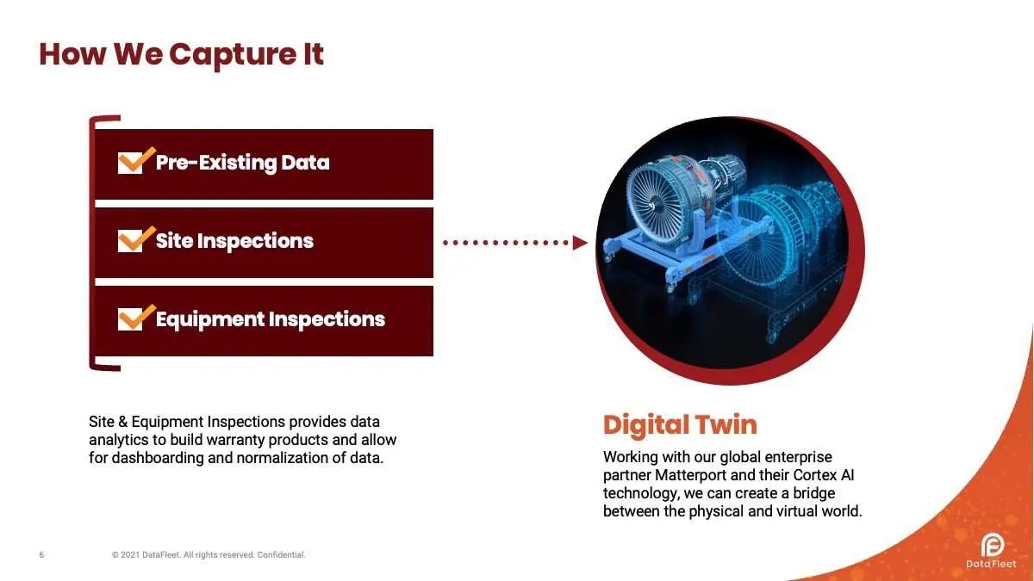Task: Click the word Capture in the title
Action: coord(234,56)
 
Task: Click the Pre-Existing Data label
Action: coord(243,163)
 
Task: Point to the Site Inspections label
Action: coord(234,241)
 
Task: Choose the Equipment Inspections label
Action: coord(271,319)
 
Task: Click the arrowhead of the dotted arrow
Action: coord(580,243)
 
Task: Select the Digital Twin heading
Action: coord(680,425)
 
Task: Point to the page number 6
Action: coord(41,554)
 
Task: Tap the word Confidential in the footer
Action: coord(281,554)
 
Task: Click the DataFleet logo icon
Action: coord(993,545)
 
